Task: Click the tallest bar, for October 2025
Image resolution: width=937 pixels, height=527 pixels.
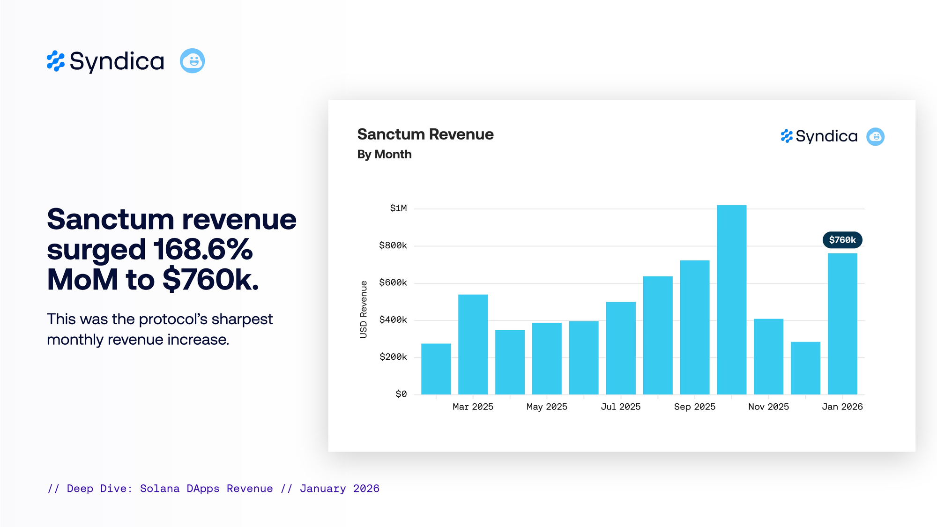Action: tap(731, 300)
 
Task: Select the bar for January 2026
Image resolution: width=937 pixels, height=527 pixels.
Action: tap(842, 324)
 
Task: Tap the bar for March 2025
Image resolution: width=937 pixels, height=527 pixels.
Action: tap(473, 345)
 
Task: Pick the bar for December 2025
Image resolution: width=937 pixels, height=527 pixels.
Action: tap(805, 368)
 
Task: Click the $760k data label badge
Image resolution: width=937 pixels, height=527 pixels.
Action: tap(842, 240)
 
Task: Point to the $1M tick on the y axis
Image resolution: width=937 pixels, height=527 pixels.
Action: tap(398, 208)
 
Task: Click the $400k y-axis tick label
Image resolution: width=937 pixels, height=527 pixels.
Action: tap(393, 320)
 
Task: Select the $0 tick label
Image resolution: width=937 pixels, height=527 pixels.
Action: tap(401, 394)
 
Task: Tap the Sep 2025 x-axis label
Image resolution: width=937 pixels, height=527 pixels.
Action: tap(694, 407)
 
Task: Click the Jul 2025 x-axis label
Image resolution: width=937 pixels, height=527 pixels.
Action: tap(620, 407)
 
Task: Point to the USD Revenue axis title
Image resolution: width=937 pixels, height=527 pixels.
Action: tap(364, 309)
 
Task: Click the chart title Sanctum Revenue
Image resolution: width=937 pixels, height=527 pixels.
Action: tap(425, 134)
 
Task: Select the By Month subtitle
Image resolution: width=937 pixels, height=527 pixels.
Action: tap(384, 154)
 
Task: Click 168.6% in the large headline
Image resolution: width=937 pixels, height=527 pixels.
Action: tap(203, 249)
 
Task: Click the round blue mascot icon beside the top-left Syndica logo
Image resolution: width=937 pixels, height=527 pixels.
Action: tap(192, 61)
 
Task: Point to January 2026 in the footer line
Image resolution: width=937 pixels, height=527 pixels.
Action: tap(340, 489)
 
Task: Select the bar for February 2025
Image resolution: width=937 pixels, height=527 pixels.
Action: tap(436, 369)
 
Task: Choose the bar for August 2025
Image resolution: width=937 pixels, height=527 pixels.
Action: tap(657, 335)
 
